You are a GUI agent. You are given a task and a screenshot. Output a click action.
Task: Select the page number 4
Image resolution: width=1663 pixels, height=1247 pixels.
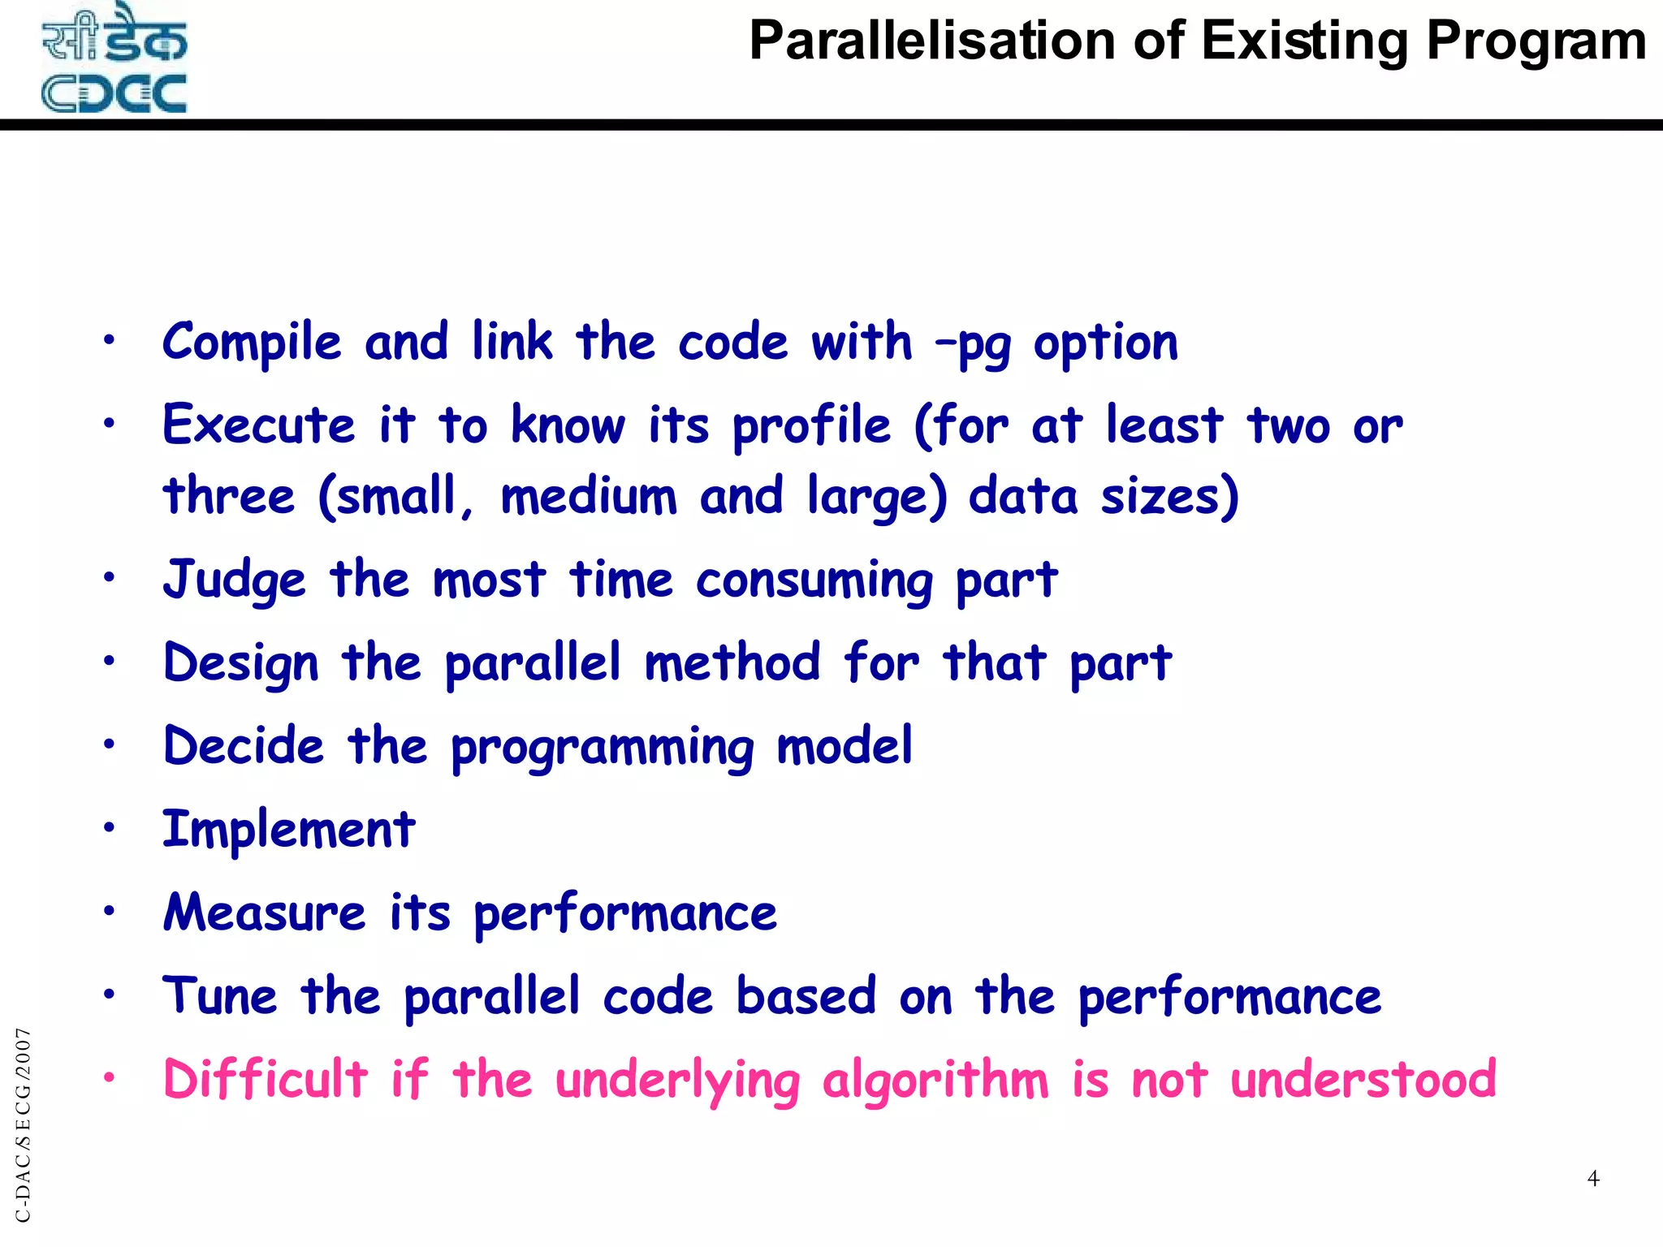point(1593,1178)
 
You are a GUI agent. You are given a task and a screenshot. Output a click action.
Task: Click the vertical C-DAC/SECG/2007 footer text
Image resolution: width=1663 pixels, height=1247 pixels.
point(24,1124)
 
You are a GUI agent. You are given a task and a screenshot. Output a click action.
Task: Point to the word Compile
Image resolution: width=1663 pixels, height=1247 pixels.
point(252,343)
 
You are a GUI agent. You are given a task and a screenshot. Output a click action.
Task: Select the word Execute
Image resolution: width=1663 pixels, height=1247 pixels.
point(258,425)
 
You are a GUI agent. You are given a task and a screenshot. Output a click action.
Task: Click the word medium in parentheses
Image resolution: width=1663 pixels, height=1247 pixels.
point(589,496)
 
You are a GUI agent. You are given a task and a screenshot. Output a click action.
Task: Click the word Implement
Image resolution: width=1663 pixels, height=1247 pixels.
point(289,830)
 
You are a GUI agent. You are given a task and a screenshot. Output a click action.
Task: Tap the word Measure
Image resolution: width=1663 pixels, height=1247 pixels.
point(265,913)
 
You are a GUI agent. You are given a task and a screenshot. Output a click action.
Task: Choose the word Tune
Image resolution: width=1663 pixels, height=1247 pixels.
point(220,996)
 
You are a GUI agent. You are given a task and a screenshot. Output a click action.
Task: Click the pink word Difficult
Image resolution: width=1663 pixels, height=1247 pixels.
point(266,1080)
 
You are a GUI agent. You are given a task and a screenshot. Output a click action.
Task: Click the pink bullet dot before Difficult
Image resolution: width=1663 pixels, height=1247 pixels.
point(110,1078)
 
